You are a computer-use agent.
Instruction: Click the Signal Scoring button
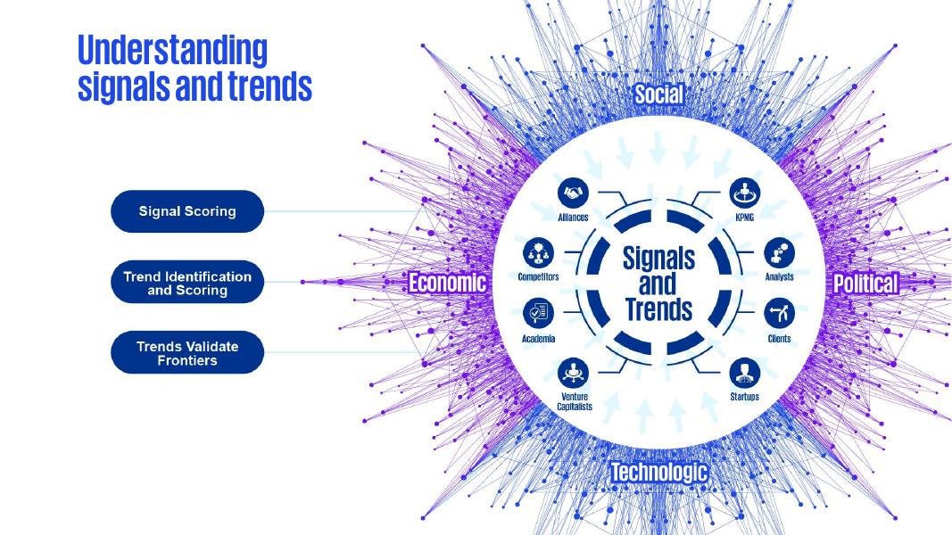point(187,211)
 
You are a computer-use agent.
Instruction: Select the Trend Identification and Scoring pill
point(187,283)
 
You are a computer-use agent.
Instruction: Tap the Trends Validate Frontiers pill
point(187,353)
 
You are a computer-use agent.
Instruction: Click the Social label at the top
point(658,95)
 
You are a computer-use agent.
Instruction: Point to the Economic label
point(447,284)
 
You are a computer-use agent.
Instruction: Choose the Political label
point(865,284)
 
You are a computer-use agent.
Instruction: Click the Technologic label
point(658,472)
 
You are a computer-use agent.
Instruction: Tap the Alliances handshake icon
point(572,193)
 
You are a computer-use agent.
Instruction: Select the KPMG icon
point(745,193)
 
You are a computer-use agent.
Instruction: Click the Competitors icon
point(538,252)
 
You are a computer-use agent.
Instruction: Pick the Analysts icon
point(779,252)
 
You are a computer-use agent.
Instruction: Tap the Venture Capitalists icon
point(572,371)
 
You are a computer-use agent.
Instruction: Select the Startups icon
point(744,371)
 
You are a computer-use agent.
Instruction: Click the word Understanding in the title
point(172,50)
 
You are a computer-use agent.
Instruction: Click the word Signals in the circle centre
point(658,259)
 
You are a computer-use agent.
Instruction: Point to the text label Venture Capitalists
point(575,401)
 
